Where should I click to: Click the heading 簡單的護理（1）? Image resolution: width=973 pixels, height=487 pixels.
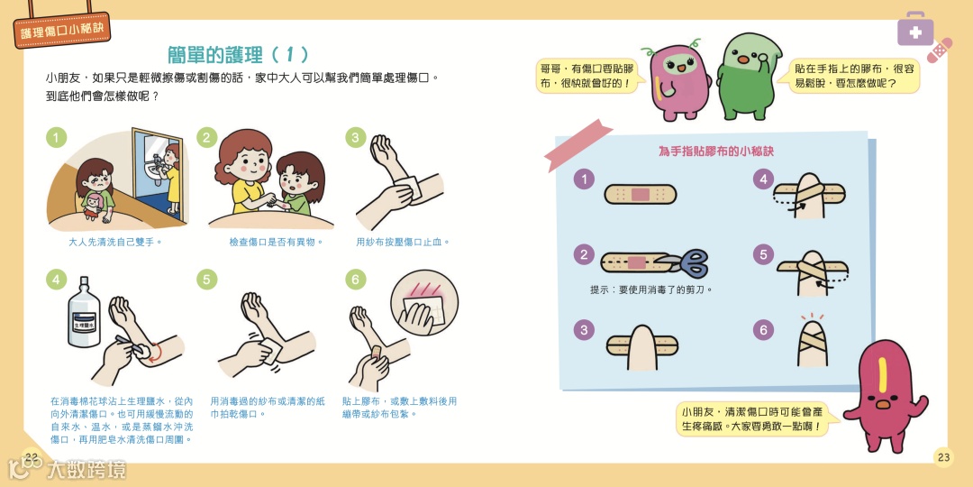pyautogui.click(x=238, y=55)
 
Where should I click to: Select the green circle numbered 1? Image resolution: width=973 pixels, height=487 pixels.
pyautogui.click(x=56, y=138)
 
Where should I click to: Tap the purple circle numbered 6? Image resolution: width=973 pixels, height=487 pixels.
pyautogui.click(x=763, y=329)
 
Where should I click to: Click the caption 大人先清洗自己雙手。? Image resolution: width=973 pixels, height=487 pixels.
pyautogui.click(x=114, y=242)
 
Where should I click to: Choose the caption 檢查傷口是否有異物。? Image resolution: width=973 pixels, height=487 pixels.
pyautogui.click(x=277, y=242)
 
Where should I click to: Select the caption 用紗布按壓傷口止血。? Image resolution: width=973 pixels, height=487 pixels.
pyautogui.click(x=404, y=242)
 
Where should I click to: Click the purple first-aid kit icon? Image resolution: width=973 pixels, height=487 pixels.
pyautogui.click(x=915, y=29)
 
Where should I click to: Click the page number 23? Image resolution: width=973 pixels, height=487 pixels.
pyautogui.click(x=943, y=458)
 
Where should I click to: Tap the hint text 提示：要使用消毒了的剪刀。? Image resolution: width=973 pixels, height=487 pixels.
pyautogui.click(x=651, y=289)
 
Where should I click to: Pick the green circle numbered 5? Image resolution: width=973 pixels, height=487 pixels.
pyautogui.click(x=206, y=280)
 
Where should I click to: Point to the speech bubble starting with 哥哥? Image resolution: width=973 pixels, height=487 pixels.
pyautogui.click(x=587, y=75)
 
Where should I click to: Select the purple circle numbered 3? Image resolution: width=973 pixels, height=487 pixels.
pyautogui.click(x=583, y=329)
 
